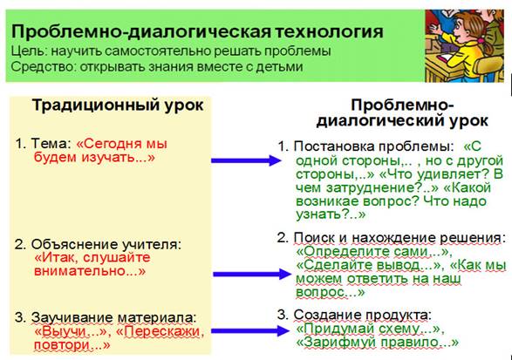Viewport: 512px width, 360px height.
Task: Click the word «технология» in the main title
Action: coord(329,32)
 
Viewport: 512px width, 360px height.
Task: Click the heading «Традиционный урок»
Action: coord(118,105)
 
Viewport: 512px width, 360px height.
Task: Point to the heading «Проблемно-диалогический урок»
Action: coord(402,113)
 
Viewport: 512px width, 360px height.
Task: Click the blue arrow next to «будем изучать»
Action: coord(246,160)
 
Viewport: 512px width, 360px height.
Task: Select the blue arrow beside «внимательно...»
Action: coord(251,274)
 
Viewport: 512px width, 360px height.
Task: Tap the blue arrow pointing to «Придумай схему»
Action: coord(250,330)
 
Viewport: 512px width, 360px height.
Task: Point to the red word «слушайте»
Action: coord(117,258)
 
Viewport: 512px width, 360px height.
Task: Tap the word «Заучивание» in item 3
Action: coord(72,318)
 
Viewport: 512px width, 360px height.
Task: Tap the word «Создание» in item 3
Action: coord(327,316)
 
